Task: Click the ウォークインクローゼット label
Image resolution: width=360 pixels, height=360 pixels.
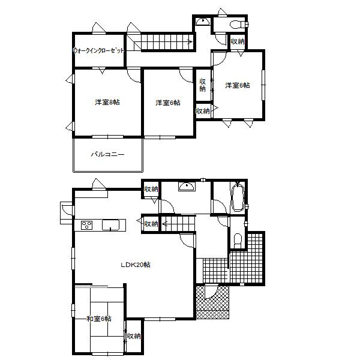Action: click(x=99, y=51)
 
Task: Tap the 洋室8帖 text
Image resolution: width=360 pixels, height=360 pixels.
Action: click(x=107, y=102)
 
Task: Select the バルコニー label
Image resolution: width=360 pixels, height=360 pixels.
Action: click(x=108, y=154)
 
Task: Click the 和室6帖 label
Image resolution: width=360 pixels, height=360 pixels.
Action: click(x=98, y=319)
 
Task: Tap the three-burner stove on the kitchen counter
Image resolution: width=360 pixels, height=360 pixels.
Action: click(x=86, y=226)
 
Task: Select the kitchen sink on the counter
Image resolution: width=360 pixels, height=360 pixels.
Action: click(x=111, y=225)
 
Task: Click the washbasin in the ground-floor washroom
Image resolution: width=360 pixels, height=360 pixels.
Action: click(x=188, y=187)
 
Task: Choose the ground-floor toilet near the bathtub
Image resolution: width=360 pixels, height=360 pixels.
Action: click(x=236, y=240)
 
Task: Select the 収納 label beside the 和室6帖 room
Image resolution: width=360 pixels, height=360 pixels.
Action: click(x=133, y=336)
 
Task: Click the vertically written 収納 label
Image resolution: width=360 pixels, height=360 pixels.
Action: click(x=203, y=85)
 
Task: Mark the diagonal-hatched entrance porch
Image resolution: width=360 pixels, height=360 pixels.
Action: click(x=214, y=302)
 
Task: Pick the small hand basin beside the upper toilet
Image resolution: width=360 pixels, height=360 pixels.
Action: click(x=203, y=22)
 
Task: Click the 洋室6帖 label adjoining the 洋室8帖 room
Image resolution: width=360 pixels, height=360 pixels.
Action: click(x=168, y=103)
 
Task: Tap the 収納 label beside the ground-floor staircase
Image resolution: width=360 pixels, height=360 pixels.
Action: click(x=151, y=224)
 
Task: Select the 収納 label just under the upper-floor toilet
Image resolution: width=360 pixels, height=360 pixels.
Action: click(x=238, y=41)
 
